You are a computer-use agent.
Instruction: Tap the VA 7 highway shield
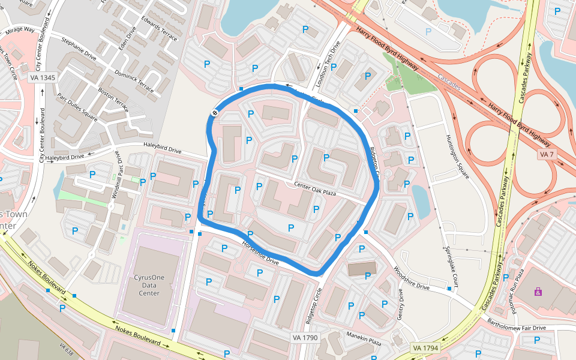(x=547, y=155)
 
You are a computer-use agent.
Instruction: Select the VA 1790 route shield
(x=304, y=338)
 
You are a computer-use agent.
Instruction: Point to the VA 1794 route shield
(x=425, y=348)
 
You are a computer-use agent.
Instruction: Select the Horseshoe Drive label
(x=260, y=253)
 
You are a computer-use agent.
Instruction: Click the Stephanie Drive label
(x=79, y=49)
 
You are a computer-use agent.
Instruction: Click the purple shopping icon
(x=538, y=292)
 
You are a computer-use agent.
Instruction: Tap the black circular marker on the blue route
(x=214, y=113)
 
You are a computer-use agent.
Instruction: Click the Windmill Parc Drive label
(x=114, y=179)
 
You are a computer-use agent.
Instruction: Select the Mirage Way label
(x=20, y=29)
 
